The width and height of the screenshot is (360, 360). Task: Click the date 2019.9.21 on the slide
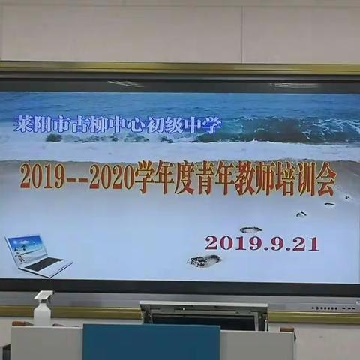point(262,243)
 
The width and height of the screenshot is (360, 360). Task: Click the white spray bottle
point(43,309)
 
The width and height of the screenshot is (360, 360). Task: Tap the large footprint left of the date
point(204,260)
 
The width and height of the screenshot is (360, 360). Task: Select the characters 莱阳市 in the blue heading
point(37,125)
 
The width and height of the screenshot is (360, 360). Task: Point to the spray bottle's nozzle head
point(43,296)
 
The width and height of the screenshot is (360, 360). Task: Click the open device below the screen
point(204,315)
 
